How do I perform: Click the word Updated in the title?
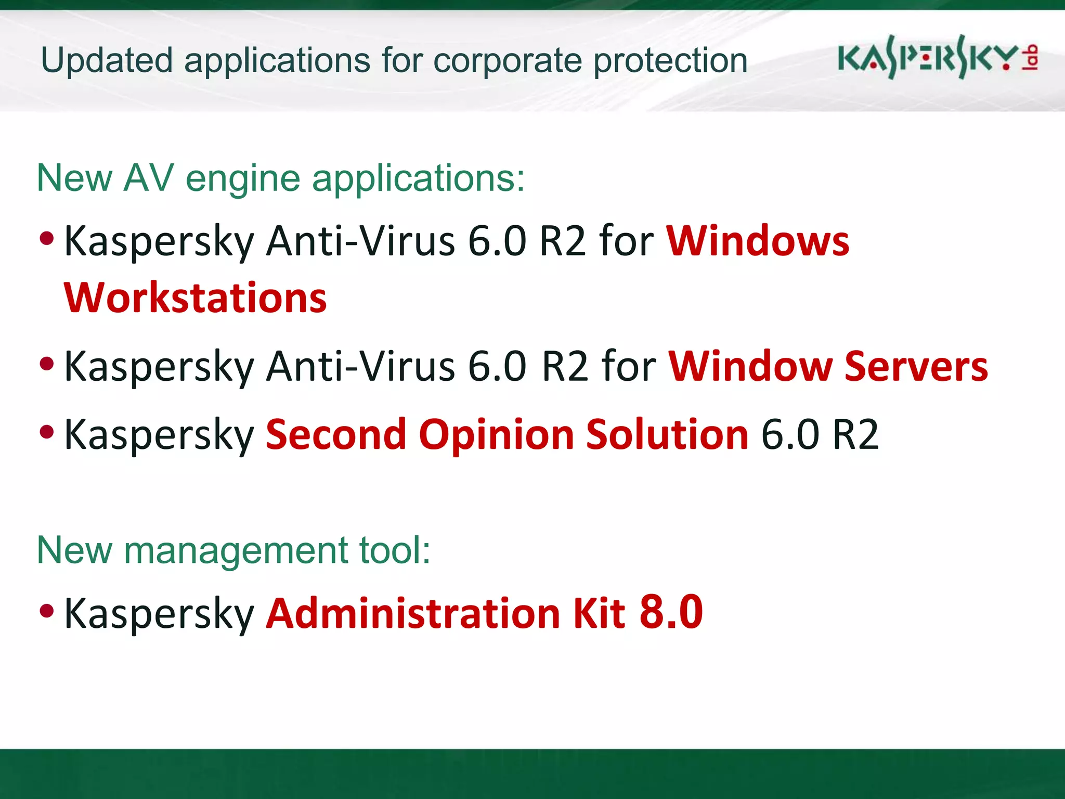[107, 61]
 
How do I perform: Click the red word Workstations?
[195, 298]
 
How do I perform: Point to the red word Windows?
[758, 241]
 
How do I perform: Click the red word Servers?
[916, 367]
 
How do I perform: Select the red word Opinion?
[496, 435]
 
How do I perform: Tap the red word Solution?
[667, 435]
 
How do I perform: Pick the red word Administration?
[413, 613]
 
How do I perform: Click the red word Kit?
[599, 613]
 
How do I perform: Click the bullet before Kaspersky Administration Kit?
[47, 610]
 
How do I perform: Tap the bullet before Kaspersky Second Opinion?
[47, 432]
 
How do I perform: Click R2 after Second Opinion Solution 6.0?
[855, 435]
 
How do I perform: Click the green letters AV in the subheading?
[148, 178]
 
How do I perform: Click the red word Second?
[336, 435]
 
